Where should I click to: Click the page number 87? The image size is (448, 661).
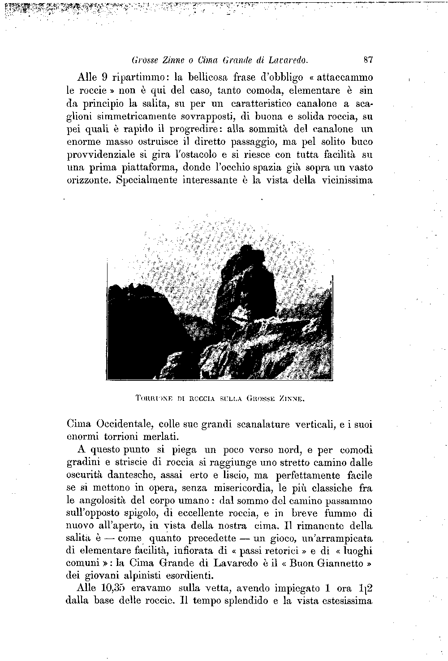(x=369, y=59)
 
